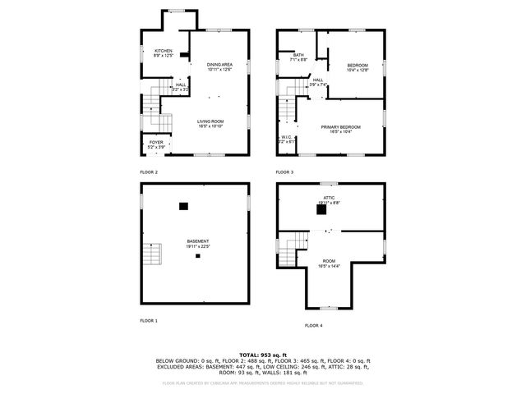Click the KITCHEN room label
point(164,50)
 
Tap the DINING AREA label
point(219,64)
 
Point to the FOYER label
point(155,143)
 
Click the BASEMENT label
point(197,241)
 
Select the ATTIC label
point(328,198)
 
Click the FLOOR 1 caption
point(148,320)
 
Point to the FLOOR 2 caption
point(148,172)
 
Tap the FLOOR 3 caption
point(284,172)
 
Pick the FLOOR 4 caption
point(313,326)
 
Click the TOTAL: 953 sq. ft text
point(262,353)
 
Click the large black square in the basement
point(184,206)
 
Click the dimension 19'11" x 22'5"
point(197,245)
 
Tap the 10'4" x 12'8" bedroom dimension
point(357,70)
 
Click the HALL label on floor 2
point(180,84)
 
